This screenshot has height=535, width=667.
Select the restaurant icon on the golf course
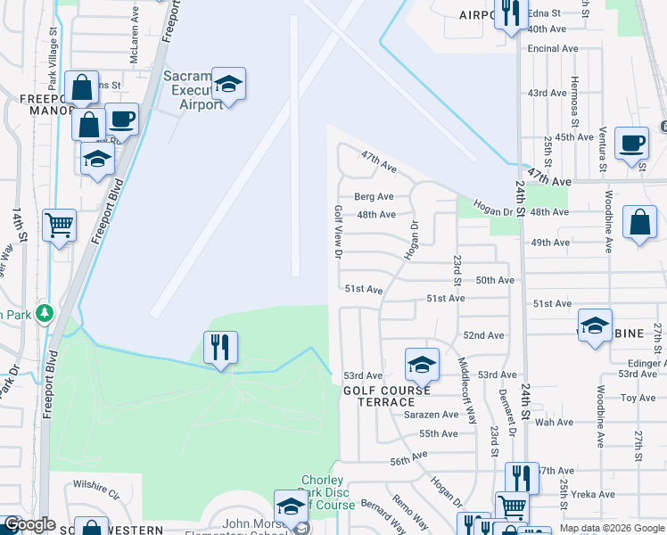(x=220, y=346)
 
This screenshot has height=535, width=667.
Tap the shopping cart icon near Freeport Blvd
(x=59, y=226)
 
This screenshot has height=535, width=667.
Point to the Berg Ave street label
(x=374, y=197)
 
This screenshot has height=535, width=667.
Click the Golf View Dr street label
(x=339, y=231)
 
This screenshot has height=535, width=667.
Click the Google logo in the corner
(x=29, y=524)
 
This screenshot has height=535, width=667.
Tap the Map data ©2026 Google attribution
(x=611, y=528)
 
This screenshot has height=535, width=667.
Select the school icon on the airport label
(x=228, y=85)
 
